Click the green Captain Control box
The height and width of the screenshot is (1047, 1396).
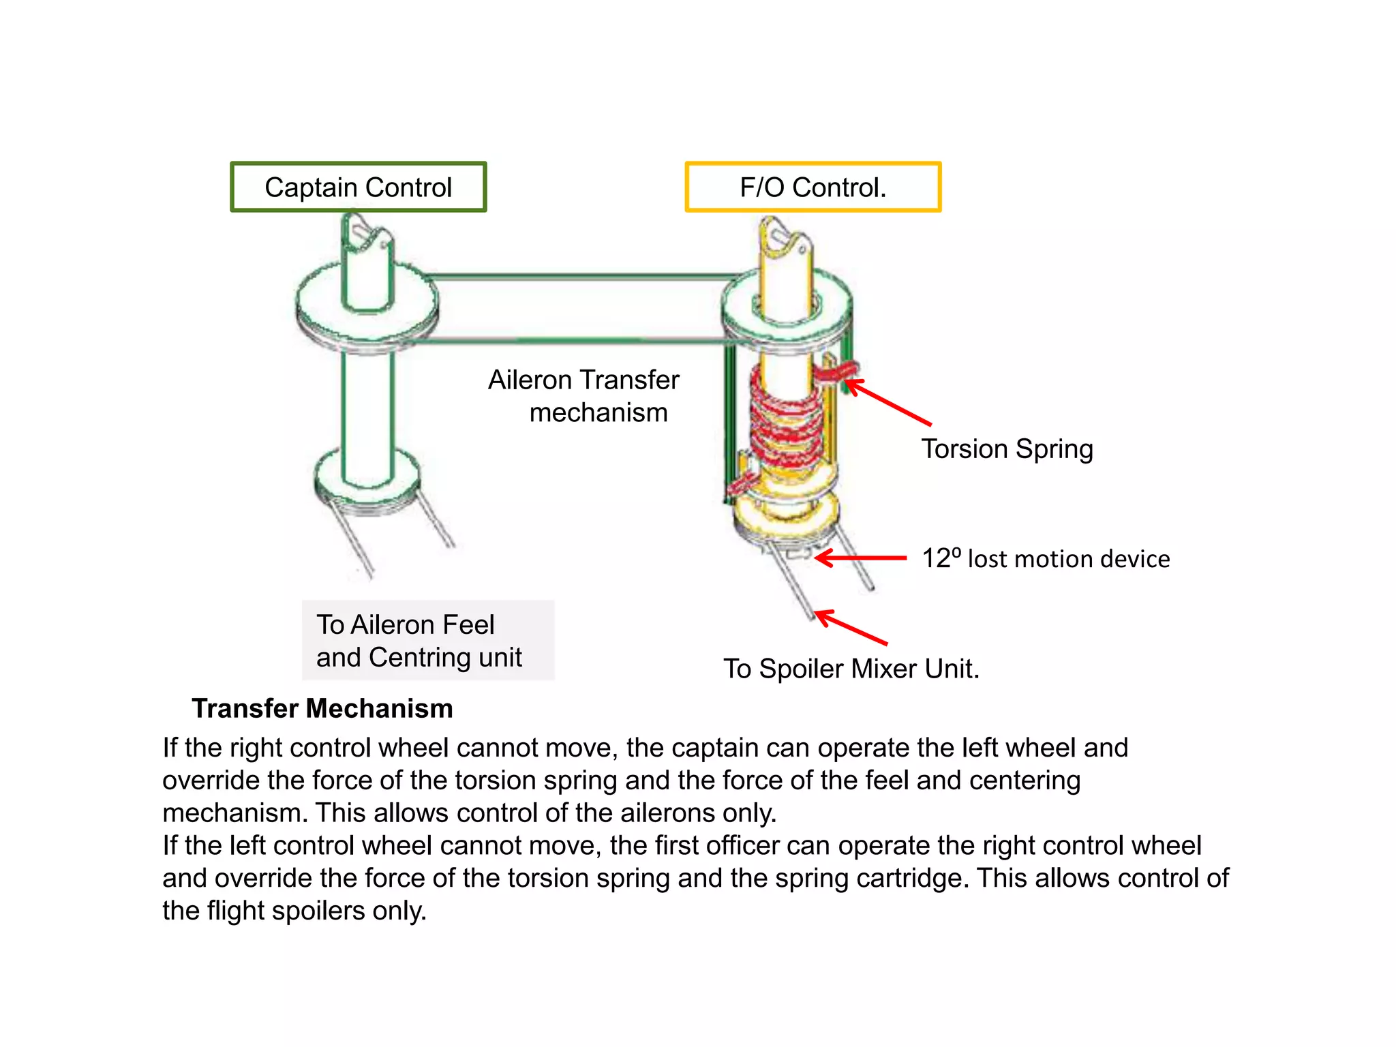[358, 187]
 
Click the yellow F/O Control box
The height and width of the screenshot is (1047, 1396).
[813, 187]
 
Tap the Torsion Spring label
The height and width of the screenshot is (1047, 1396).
[1007, 449]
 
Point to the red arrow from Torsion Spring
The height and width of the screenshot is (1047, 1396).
[890, 404]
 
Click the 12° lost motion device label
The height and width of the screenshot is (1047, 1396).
[1045, 558]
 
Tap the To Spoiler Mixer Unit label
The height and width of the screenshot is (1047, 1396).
[851, 668]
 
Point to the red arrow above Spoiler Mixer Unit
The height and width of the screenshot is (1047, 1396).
[852, 628]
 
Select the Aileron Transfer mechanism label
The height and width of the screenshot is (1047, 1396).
[584, 396]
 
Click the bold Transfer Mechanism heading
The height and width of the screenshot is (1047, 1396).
[322, 708]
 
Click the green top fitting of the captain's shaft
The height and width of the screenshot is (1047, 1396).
[367, 262]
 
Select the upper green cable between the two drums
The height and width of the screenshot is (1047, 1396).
[579, 277]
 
